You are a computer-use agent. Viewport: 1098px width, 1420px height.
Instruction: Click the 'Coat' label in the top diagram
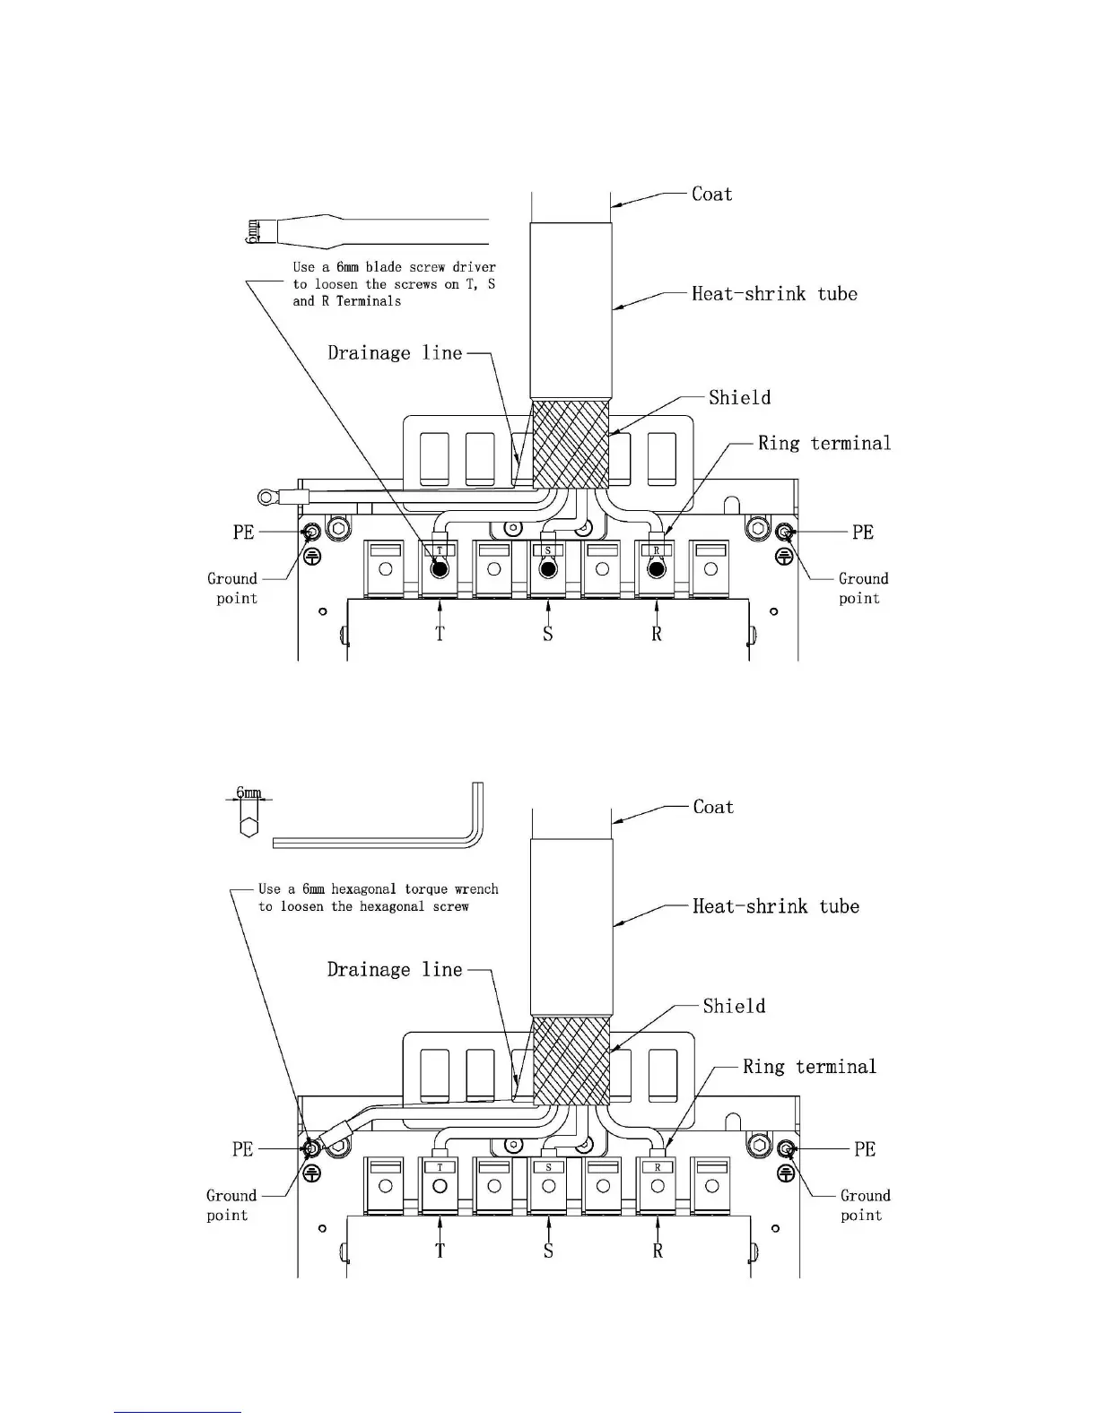point(711,194)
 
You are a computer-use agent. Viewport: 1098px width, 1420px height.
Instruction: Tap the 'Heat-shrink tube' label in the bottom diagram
point(775,906)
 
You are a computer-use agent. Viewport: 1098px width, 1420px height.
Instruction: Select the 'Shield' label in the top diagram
point(739,397)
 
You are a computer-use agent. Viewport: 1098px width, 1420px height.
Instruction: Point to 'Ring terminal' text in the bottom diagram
point(809,1066)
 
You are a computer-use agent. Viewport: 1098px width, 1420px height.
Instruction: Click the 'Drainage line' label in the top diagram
point(395,352)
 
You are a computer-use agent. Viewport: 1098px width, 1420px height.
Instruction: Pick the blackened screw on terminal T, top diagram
point(440,569)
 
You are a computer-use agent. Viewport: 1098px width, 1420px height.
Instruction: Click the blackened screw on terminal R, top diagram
point(657,569)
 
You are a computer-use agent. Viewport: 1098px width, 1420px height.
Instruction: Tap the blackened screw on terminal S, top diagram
point(548,569)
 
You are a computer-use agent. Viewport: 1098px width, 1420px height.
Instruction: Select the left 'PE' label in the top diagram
point(244,532)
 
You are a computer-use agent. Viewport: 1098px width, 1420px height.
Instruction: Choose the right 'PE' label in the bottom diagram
point(864,1148)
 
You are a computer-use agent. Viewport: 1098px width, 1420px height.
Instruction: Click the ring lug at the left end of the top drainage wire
point(265,494)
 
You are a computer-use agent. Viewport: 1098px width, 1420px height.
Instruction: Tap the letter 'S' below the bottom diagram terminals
point(548,1251)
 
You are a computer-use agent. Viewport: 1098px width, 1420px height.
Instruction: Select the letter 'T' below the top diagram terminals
point(440,634)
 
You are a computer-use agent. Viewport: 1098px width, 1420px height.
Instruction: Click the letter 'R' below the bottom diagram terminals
point(658,1251)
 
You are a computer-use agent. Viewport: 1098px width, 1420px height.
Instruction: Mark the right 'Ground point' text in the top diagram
point(863,588)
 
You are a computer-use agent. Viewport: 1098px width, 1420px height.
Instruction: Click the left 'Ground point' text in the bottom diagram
point(231,1205)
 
